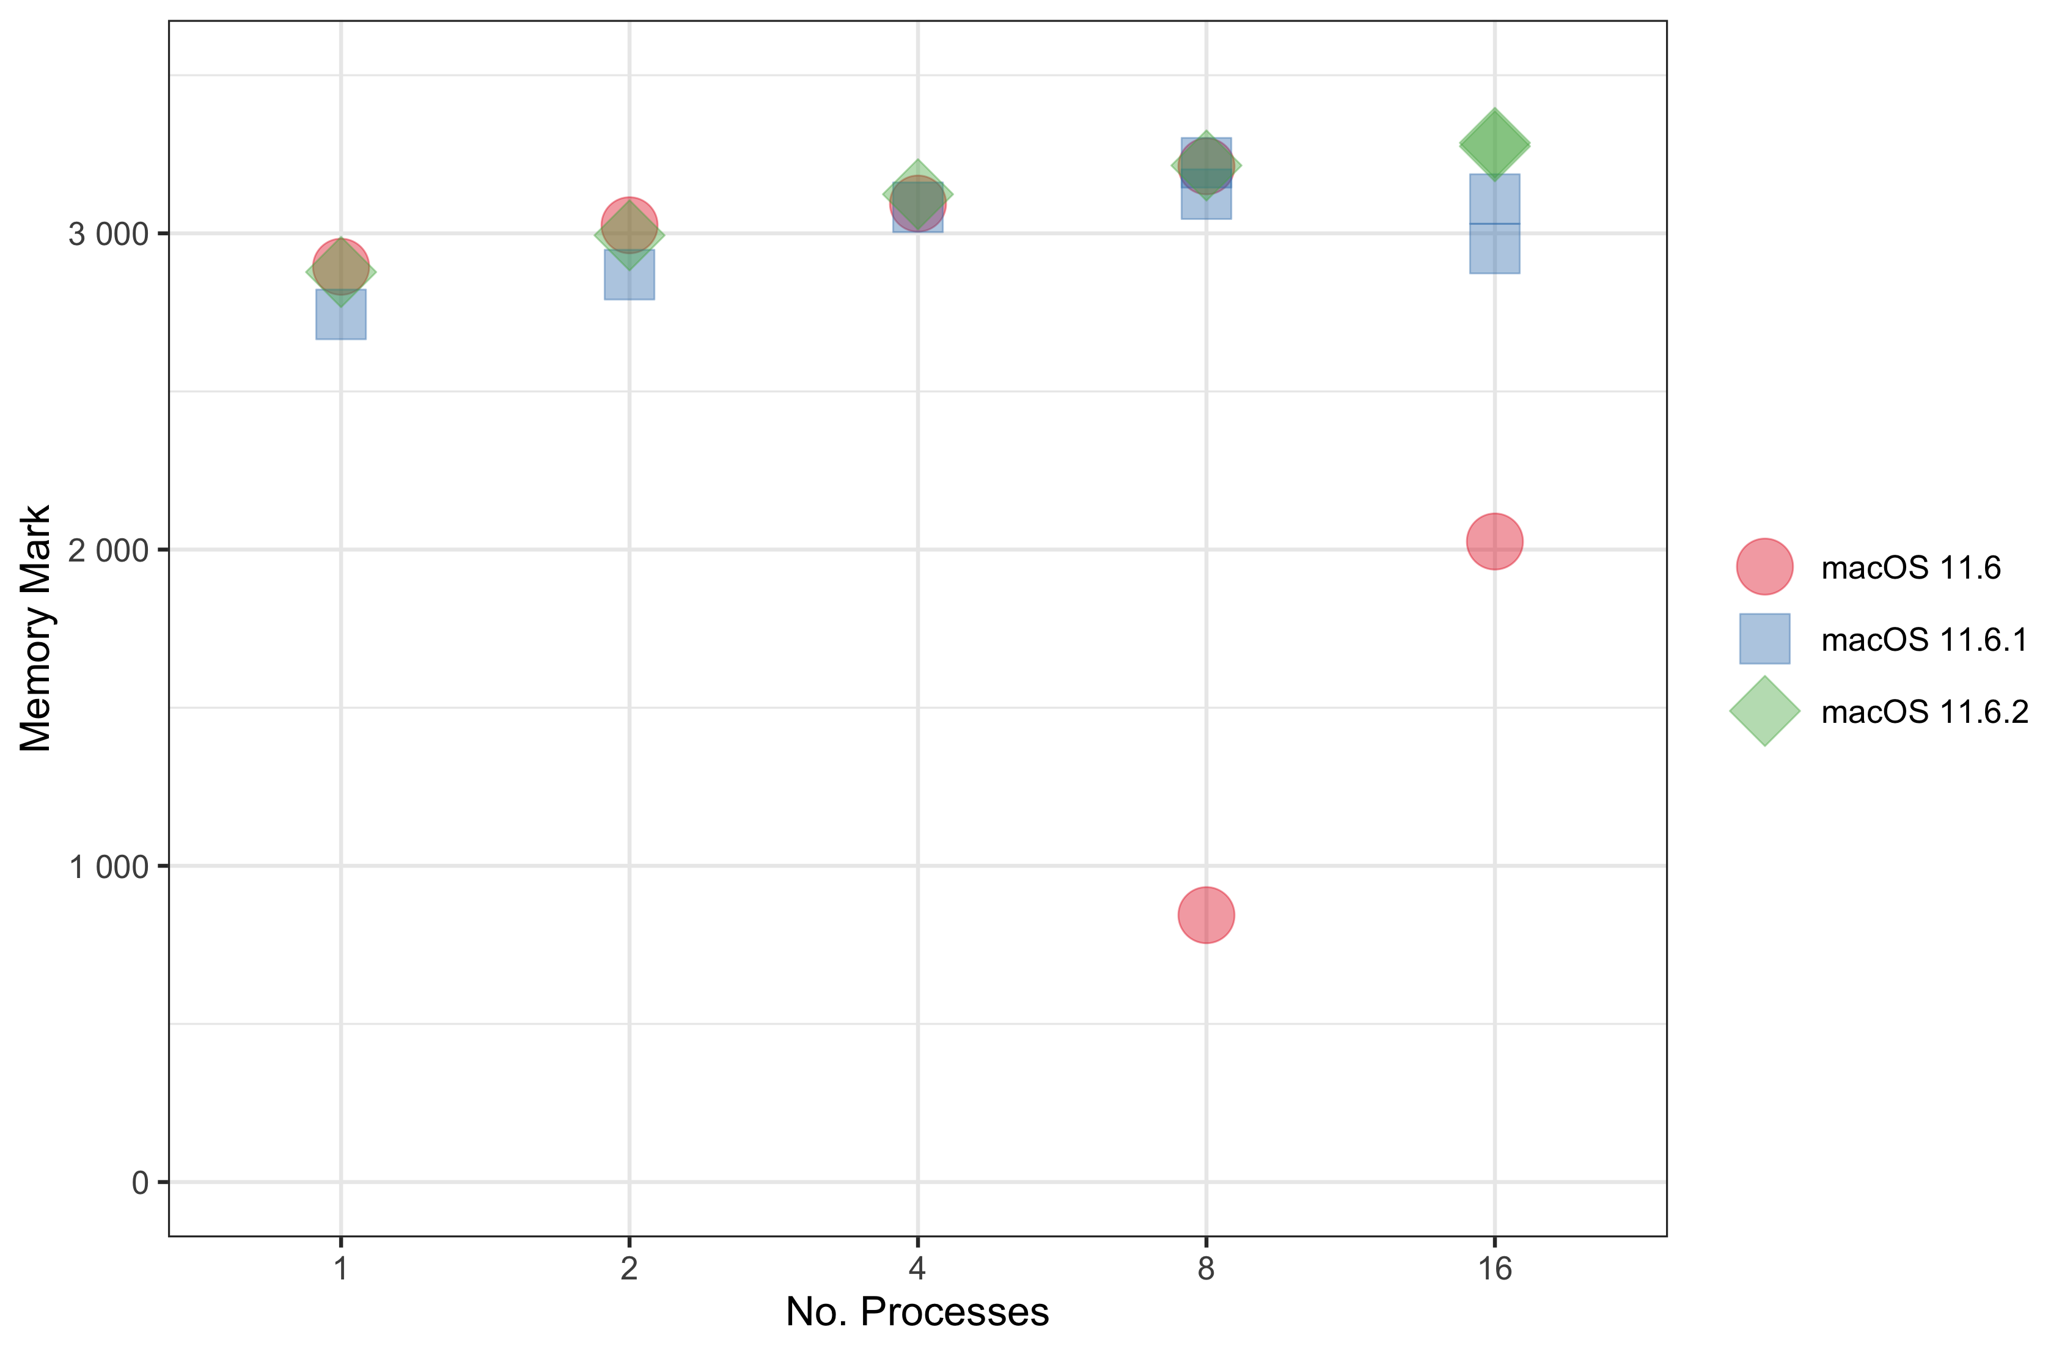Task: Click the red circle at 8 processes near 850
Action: (x=1205, y=915)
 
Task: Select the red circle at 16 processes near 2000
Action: (x=1494, y=541)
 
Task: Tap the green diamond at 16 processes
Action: (x=1494, y=144)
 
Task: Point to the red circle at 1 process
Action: (x=341, y=265)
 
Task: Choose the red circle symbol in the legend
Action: (x=1764, y=567)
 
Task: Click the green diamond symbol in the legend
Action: (x=1764, y=711)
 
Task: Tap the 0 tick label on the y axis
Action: (x=140, y=1184)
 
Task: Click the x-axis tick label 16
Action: (x=1494, y=1270)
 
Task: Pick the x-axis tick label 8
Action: (x=1205, y=1270)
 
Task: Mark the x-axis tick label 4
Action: (x=917, y=1270)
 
